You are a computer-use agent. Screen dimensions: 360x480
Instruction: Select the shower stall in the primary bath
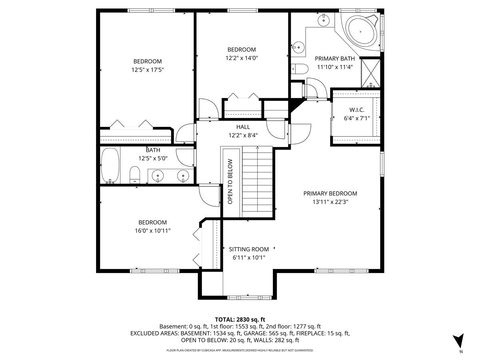tap(368, 74)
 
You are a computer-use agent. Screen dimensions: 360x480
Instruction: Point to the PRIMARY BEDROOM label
tap(330, 193)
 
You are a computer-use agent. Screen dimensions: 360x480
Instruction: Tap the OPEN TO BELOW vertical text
tap(229, 182)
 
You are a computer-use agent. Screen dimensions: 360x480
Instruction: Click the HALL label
tap(243, 127)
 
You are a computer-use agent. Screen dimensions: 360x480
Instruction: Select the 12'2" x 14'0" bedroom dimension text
tap(241, 58)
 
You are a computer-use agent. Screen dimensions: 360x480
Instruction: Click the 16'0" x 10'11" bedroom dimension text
tap(152, 230)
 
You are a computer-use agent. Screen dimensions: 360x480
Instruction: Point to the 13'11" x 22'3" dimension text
tap(330, 201)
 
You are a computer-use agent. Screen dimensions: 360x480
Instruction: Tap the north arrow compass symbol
tap(459, 341)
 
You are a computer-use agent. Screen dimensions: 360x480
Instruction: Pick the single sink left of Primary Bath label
tap(299, 48)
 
